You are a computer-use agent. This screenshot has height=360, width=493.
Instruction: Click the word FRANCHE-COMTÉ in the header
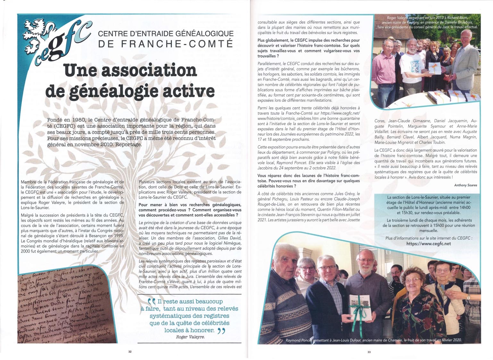click(x=177, y=44)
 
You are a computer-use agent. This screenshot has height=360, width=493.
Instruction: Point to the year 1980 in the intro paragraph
click(x=77, y=120)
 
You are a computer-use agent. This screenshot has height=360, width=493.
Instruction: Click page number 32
click(x=130, y=352)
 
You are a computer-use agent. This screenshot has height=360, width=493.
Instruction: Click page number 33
click(x=369, y=352)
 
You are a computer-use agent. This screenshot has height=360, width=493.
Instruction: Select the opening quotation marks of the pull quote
click(x=152, y=302)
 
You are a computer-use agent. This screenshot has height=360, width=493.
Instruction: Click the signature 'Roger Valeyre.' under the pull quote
click(x=190, y=337)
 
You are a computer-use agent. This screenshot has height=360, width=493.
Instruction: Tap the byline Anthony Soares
click(x=465, y=185)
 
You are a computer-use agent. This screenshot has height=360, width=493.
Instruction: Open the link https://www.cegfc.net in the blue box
click(x=428, y=244)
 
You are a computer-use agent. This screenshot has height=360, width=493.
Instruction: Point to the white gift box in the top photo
click(x=435, y=68)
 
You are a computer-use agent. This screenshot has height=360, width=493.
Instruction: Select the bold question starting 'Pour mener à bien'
click(x=190, y=210)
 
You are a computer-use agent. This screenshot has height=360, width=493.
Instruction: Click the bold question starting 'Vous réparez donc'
click(x=308, y=181)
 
